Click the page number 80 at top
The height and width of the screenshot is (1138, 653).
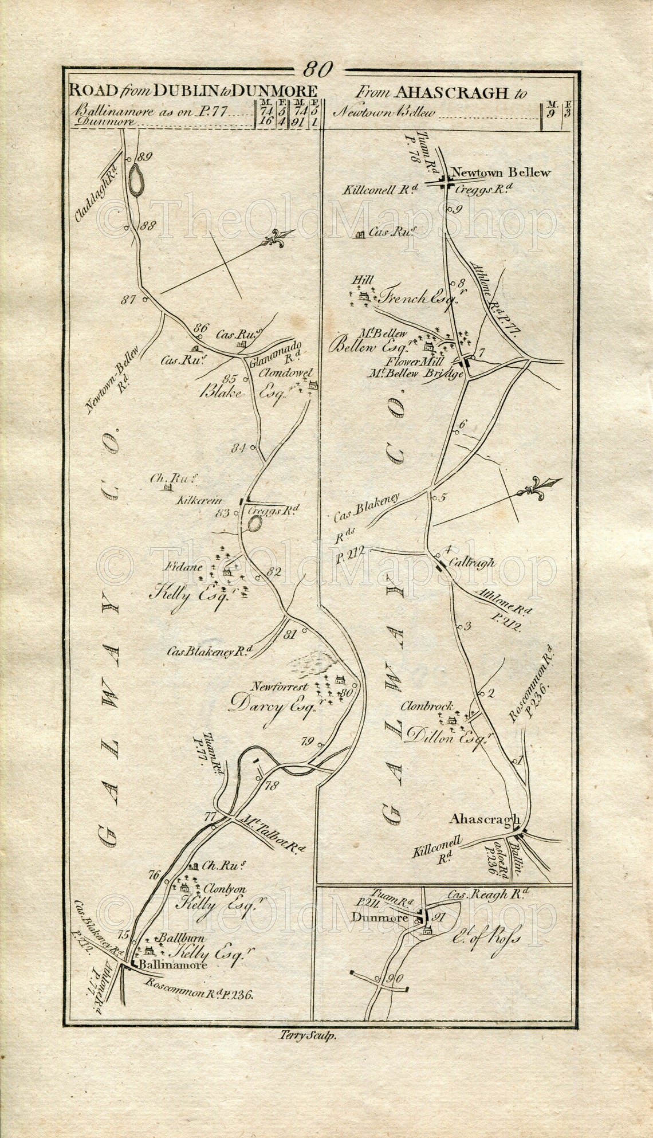click(x=317, y=69)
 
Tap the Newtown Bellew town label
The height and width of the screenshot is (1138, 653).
click(x=500, y=172)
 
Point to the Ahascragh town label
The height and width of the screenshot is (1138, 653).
click(x=484, y=820)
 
